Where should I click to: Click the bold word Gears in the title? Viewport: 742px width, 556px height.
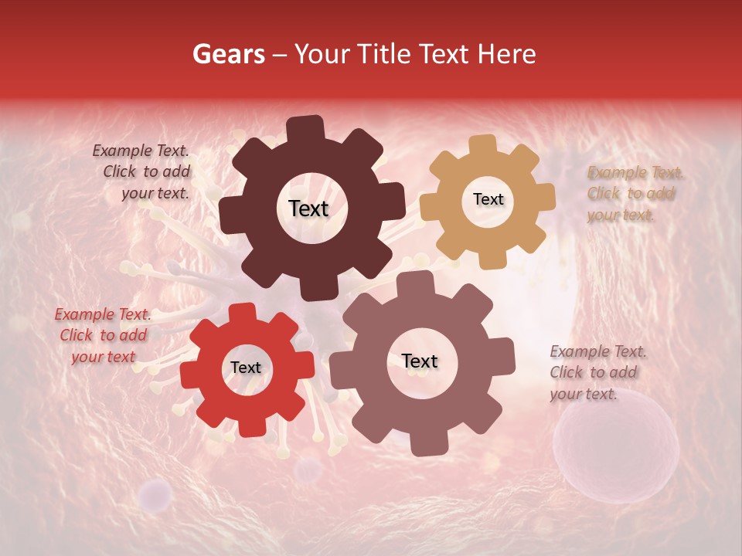pos(228,54)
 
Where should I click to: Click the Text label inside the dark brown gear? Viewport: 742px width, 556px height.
pos(308,208)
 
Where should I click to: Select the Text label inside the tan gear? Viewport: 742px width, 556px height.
pos(488,199)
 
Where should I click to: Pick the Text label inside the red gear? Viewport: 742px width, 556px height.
pos(246,368)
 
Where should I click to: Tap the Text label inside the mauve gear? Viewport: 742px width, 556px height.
pos(420,361)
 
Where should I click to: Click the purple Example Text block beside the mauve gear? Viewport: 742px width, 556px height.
pos(597,372)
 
